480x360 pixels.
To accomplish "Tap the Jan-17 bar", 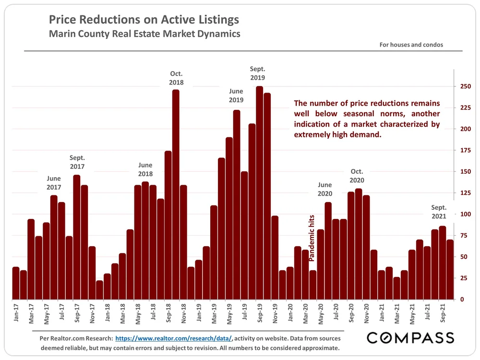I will tap(16, 283).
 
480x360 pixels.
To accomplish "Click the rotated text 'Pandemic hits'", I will tap(312, 239).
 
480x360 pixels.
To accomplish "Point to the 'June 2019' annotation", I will tap(236, 96).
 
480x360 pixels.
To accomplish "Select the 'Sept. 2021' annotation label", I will tap(439, 212).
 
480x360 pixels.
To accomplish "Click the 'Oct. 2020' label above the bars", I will tap(357, 176).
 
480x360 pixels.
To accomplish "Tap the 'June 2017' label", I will tap(54, 183).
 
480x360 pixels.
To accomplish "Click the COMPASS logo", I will tap(410, 338).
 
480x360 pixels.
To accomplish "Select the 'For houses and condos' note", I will tap(411, 45).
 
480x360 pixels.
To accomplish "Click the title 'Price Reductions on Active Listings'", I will tap(144, 21).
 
